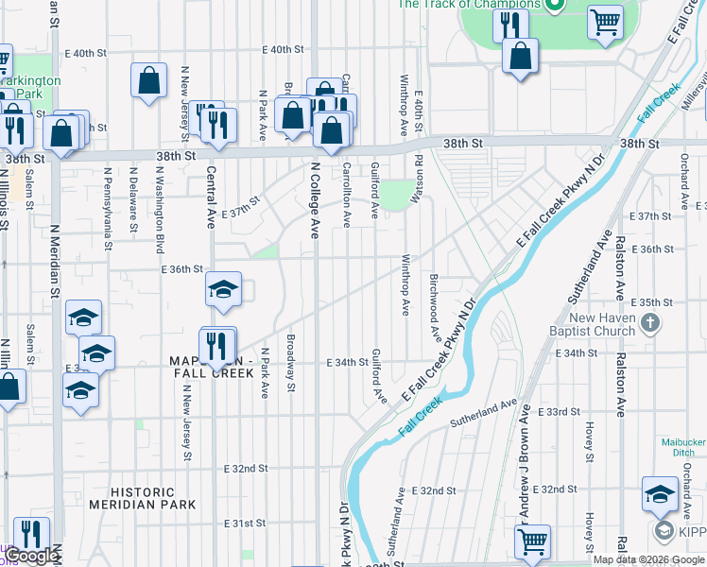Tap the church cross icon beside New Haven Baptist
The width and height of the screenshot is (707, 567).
tap(649, 324)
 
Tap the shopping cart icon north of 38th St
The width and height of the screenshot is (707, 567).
tap(605, 21)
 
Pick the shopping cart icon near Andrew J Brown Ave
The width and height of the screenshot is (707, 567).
tap(532, 541)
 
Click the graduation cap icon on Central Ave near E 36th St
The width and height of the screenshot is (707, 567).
tap(223, 289)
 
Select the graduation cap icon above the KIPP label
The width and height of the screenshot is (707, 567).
tap(660, 492)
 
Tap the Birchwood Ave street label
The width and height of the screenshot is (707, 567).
tap(435, 307)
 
